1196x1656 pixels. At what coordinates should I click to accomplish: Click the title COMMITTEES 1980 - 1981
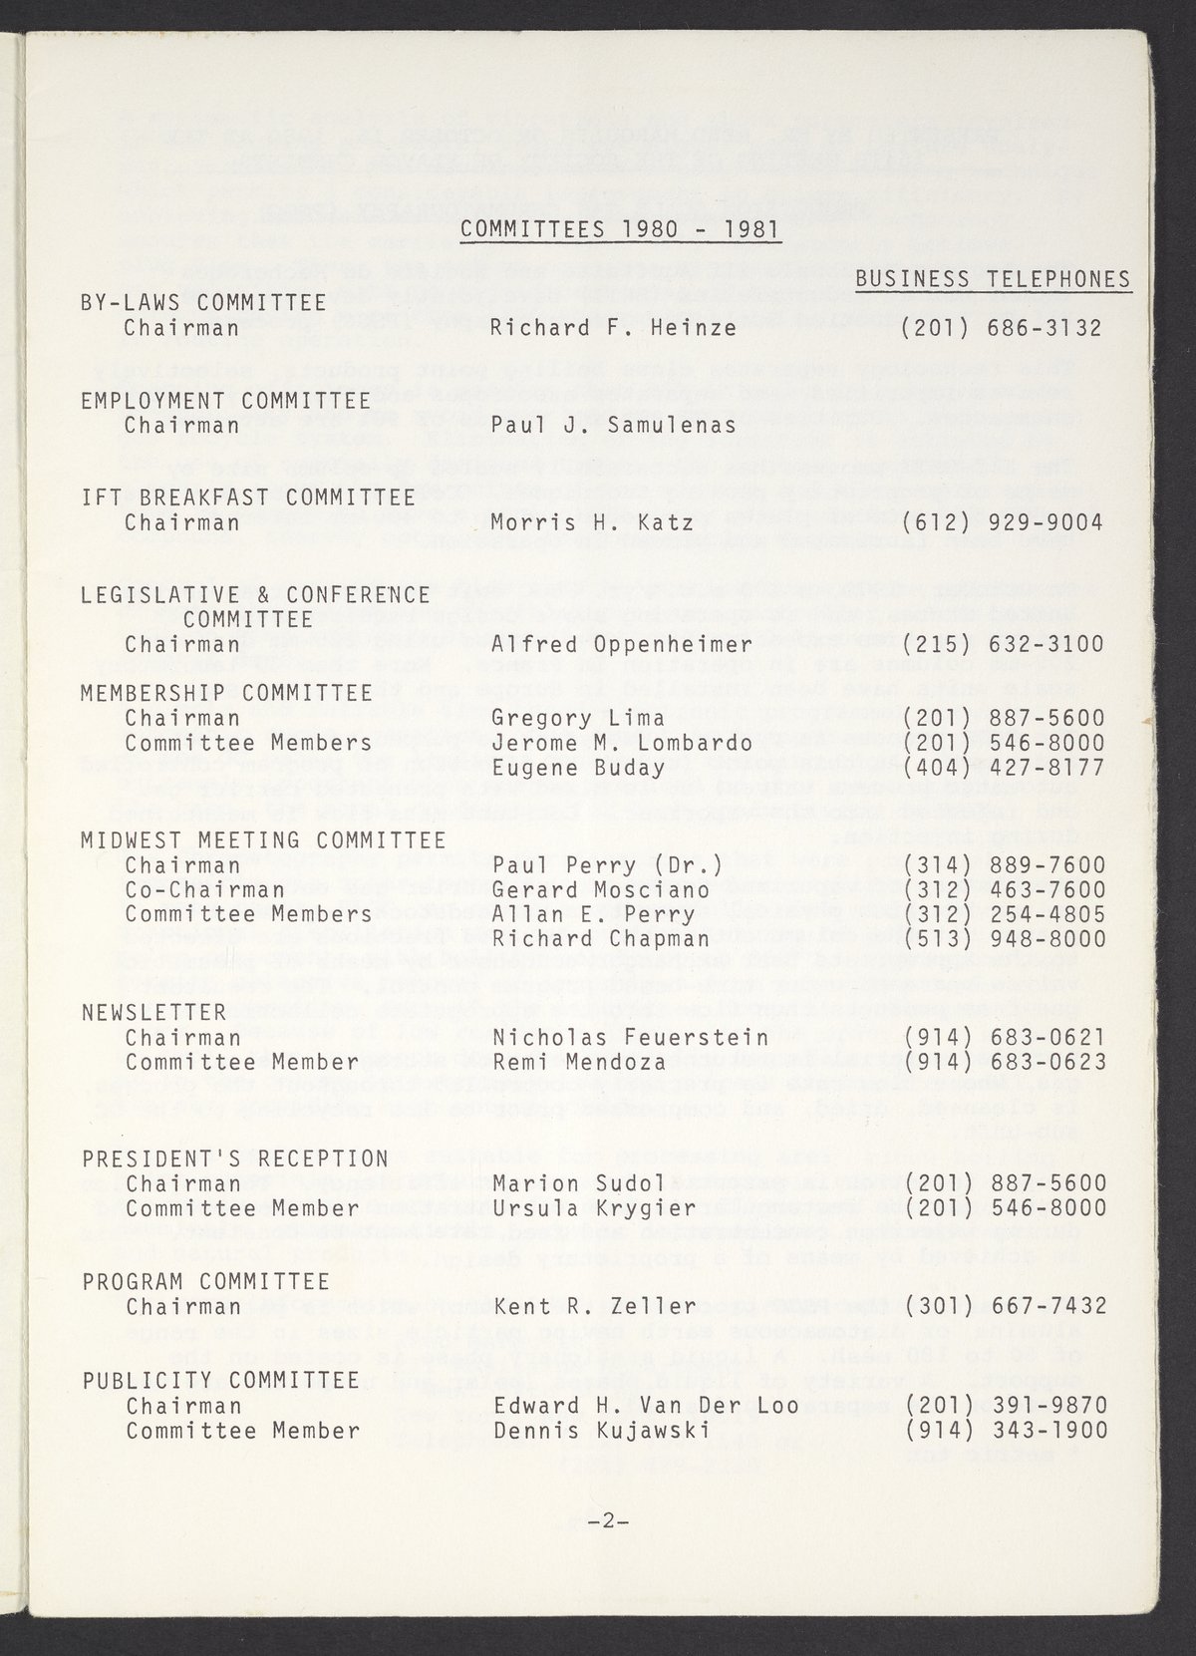point(621,228)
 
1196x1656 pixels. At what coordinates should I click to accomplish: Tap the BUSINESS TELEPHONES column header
point(993,279)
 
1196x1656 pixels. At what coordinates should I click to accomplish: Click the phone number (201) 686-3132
point(1003,327)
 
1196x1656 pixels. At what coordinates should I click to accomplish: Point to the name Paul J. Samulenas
point(613,426)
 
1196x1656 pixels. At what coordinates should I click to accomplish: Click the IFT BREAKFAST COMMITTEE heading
point(247,497)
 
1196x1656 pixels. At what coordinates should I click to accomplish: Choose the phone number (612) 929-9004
point(1003,522)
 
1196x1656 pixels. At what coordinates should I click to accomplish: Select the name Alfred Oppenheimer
point(620,644)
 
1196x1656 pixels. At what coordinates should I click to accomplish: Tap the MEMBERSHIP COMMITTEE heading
point(227,693)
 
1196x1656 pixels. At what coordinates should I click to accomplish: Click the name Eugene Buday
point(578,768)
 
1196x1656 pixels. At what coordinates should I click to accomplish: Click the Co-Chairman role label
point(205,889)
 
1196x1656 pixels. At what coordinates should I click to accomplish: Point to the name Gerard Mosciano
point(601,889)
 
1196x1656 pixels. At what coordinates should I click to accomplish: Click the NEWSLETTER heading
point(154,1013)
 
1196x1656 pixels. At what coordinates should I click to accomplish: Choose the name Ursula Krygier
point(594,1208)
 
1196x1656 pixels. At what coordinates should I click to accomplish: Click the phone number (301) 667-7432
point(1003,1306)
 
